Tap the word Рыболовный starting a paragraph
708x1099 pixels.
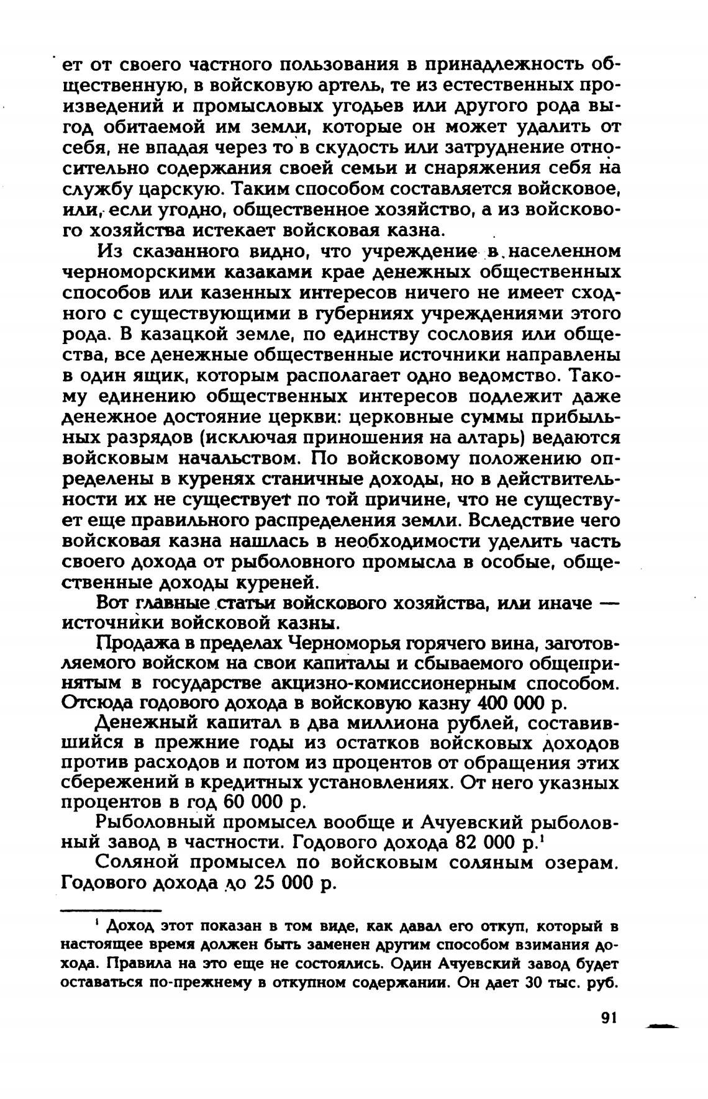pos(155,823)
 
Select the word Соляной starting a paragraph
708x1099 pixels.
pos(139,862)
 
